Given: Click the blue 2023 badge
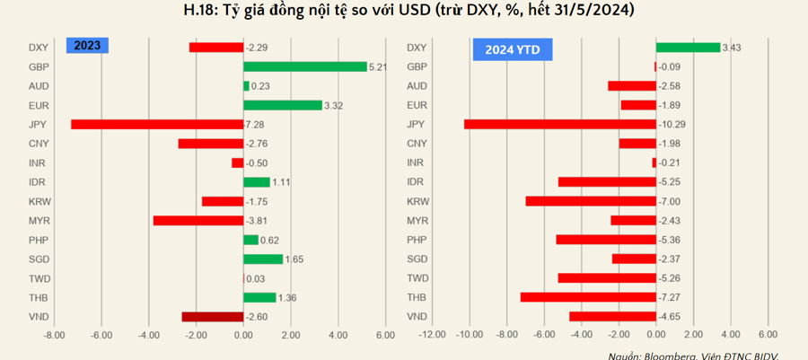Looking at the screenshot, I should point(87,47).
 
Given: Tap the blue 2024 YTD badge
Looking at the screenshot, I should point(512,49).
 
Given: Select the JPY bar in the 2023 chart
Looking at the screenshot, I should point(157,124).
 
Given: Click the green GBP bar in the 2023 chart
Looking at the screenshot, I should point(305,66).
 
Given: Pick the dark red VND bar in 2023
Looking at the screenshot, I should point(213,316).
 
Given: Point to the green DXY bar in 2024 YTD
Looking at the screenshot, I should point(688,48).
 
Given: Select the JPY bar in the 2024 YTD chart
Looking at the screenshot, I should point(560,124).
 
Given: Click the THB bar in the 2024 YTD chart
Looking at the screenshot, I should point(588,297).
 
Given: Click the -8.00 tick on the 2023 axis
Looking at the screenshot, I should point(55,336).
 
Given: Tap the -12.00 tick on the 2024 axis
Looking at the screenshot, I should point(433,336).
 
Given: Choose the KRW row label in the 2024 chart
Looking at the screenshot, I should point(417,201).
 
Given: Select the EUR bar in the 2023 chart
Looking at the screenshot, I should point(283,105).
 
